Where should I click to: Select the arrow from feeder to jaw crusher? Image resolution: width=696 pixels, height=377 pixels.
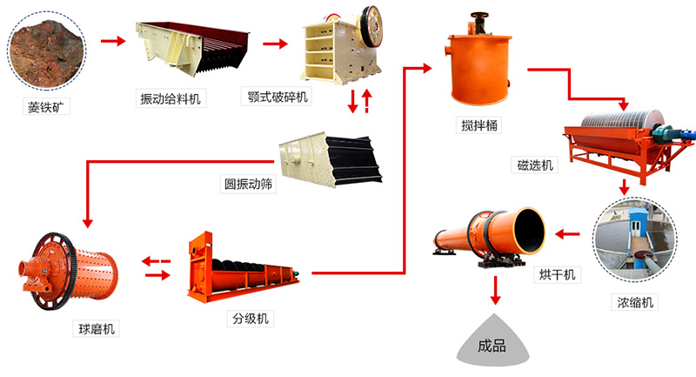point(276,43)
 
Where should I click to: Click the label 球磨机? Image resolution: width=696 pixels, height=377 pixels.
point(95,327)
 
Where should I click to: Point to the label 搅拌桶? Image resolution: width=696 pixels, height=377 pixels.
point(479,125)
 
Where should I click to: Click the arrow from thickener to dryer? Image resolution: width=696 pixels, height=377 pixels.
point(569,233)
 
